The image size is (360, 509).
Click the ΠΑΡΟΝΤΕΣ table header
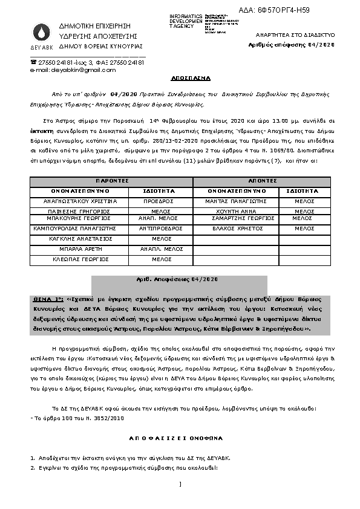[111, 181]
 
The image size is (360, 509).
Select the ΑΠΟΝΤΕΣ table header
[262, 181]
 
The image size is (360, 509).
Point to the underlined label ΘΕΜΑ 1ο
[49, 299]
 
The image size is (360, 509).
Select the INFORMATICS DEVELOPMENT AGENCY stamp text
[186, 21]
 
